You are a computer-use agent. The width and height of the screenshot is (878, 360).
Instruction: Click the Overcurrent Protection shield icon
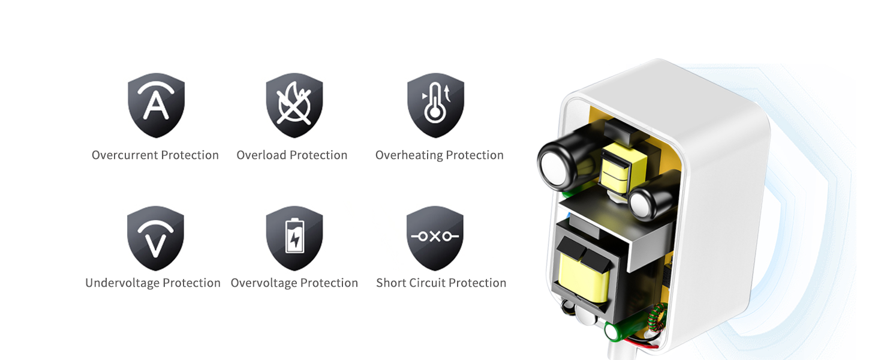pyautogui.click(x=156, y=105)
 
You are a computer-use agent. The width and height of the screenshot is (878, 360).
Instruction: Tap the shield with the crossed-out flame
pyautogui.click(x=294, y=105)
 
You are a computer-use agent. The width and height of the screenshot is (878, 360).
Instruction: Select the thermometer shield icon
pyautogui.click(x=435, y=105)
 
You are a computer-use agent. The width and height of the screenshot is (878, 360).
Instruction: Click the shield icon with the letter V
pyautogui.click(x=156, y=238)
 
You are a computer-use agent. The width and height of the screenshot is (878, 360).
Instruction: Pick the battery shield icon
pyautogui.click(x=294, y=238)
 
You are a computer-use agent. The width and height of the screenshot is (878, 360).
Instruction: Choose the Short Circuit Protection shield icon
pyautogui.click(x=435, y=238)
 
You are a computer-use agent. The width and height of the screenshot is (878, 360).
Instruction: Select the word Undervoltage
pyautogui.click(x=122, y=283)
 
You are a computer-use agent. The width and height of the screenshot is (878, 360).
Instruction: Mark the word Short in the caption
pyautogui.click(x=390, y=283)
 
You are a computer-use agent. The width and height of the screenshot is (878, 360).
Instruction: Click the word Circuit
pyautogui.click(x=426, y=283)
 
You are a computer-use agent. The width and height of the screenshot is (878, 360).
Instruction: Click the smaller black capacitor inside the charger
pyautogui.click(x=645, y=201)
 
